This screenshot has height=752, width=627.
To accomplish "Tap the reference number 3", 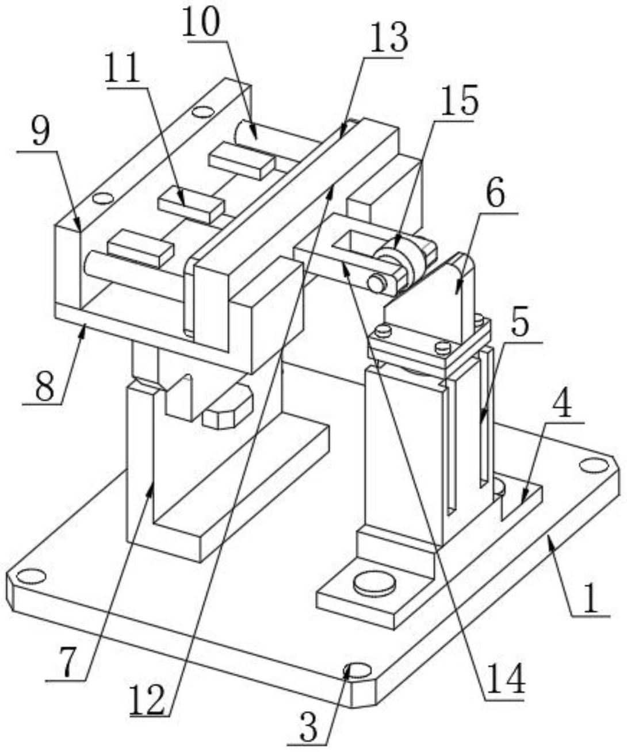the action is tap(308, 728).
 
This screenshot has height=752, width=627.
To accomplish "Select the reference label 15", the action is tap(458, 101).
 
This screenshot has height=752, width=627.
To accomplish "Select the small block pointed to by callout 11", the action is tap(191, 205).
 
